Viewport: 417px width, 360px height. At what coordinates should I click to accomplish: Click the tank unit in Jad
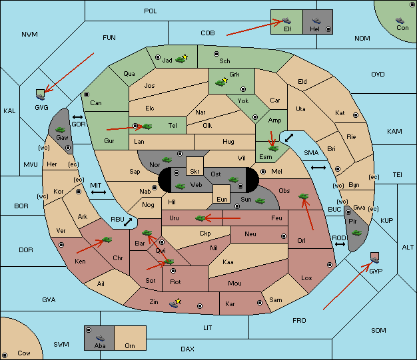pyautogui.click(x=181, y=59)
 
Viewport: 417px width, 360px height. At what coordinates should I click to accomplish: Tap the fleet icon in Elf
pyautogui.click(x=286, y=21)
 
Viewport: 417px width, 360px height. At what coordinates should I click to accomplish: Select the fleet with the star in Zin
pyautogui.click(x=174, y=303)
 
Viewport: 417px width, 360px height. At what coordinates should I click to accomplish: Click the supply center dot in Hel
pyautogui.click(x=328, y=29)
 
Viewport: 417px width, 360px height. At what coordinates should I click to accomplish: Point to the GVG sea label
pyautogui.click(x=41, y=107)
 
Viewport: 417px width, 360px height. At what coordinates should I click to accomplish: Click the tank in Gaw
pyautogui.click(x=61, y=130)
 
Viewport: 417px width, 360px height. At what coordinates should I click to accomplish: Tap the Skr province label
pyautogui.click(x=195, y=172)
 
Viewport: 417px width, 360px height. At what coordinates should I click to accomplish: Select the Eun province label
pyautogui.click(x=222, y=199)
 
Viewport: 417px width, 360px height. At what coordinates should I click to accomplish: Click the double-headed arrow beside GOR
pyautogui.click(x=78, y=117)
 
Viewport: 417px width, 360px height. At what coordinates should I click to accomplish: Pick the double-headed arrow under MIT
pyautogui.click(x=99, y=192)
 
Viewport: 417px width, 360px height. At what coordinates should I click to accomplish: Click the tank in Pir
pyautogui.click(x=356, y=233)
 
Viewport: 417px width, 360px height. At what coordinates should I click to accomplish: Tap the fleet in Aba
pyautogui.click(x=101, y=338)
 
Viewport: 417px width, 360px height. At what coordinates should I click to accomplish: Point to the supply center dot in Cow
pyautogui.click(x=5, y=355)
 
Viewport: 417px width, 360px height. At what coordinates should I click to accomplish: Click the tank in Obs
pyautogui.click(x=304, y=196)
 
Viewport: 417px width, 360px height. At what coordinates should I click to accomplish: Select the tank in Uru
pyautogui.click(x=200, y=218)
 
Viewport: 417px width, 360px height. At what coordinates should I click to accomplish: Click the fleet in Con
pyautogui.click(x=400, y=21)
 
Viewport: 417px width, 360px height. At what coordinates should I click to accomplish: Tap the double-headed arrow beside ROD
pyautogui.click(x=340, y=244)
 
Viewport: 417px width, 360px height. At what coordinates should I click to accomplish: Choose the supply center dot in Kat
pyautogui.click(x=356, y=115)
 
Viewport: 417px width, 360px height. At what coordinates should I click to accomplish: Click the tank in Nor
pyautogui.click(x=167, y=160)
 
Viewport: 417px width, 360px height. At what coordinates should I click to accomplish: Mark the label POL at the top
pyautogui.click(x=151, y=11)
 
